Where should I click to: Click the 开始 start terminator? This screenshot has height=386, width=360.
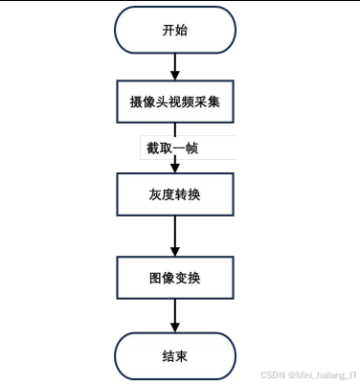173,30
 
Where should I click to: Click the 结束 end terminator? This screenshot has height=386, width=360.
173,355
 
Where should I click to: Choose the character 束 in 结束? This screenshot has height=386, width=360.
182,355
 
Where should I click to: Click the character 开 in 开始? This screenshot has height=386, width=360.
165,30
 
